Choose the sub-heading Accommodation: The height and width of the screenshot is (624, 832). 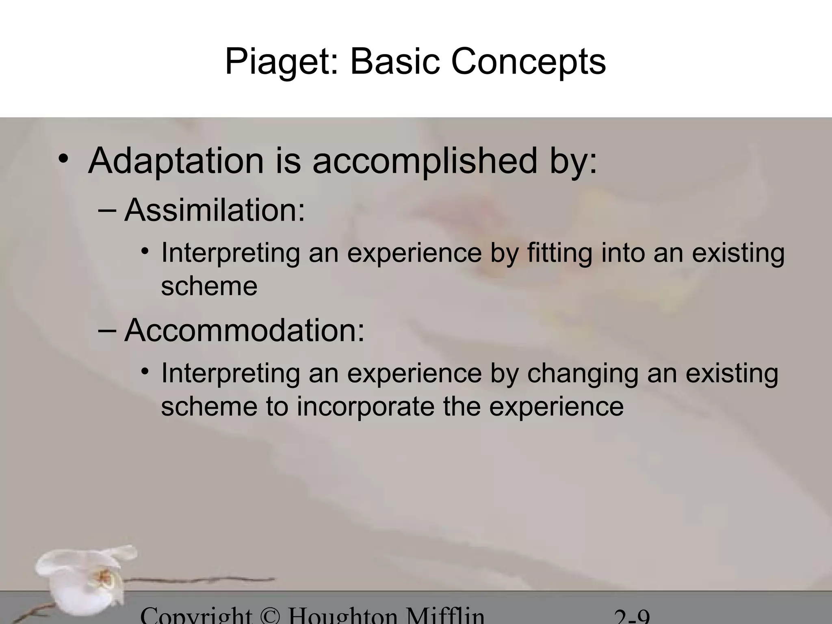tap(244, 330)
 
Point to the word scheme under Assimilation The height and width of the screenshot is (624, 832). tap(209, 286)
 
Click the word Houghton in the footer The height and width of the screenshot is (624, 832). tap(342, 617)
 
